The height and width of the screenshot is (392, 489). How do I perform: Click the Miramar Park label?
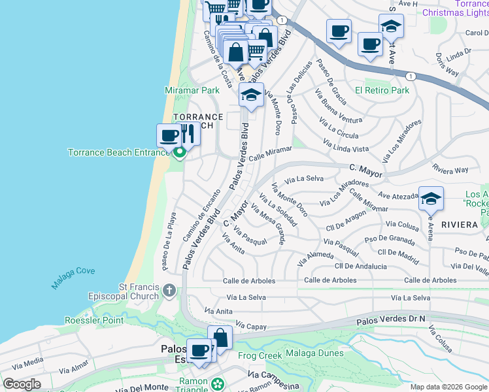tap(192, 90)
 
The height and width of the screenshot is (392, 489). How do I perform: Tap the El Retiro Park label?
tap(382, 90)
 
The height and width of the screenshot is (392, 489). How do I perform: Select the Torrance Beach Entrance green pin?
tap(179, 154)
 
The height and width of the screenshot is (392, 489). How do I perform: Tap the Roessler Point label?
tap(94, 320)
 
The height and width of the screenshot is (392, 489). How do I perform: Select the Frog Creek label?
tap(260, 355)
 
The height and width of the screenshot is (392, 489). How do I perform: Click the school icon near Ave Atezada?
tap(431, 199)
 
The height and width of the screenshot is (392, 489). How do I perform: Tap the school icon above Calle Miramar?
tap(251, 95)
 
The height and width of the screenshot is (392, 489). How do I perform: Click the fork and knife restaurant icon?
tap(188, 133)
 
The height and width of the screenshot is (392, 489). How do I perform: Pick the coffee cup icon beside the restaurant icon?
tap(169, 136)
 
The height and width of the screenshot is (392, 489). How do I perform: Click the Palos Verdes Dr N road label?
tap(391, 320)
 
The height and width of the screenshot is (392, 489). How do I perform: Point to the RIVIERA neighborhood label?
tap(459, 224)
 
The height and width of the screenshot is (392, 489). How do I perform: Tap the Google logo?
tap(22, 384)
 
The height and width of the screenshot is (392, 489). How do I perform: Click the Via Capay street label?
tap(248, 325)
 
